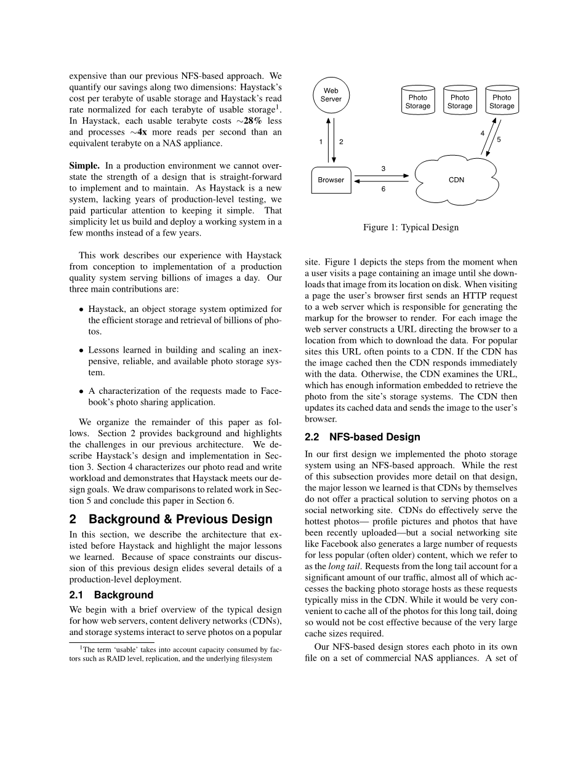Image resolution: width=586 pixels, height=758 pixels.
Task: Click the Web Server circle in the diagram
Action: coord(331,95)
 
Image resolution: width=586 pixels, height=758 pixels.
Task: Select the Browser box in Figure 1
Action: coord(331,180)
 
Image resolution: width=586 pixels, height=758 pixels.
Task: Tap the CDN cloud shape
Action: coord(456,180)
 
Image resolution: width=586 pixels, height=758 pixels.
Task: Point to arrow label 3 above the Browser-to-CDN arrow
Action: coord(383,168)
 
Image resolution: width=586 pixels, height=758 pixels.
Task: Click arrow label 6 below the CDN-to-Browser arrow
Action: coord(383,189)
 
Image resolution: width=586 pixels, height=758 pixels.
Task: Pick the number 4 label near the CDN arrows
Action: coord(482,133)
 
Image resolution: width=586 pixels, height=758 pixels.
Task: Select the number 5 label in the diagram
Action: coord(499,140)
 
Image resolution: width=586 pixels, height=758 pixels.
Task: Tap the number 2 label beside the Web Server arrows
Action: coord(341,142)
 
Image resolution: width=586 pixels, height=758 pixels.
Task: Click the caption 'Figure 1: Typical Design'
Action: coord(411,228)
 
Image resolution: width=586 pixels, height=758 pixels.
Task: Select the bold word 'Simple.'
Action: coord(84,166)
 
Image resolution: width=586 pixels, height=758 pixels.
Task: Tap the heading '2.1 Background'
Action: coord(111,595)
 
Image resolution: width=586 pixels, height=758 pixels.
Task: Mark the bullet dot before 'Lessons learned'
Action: coord(81,350)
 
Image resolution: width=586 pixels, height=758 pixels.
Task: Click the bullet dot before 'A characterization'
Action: coord(81,391)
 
